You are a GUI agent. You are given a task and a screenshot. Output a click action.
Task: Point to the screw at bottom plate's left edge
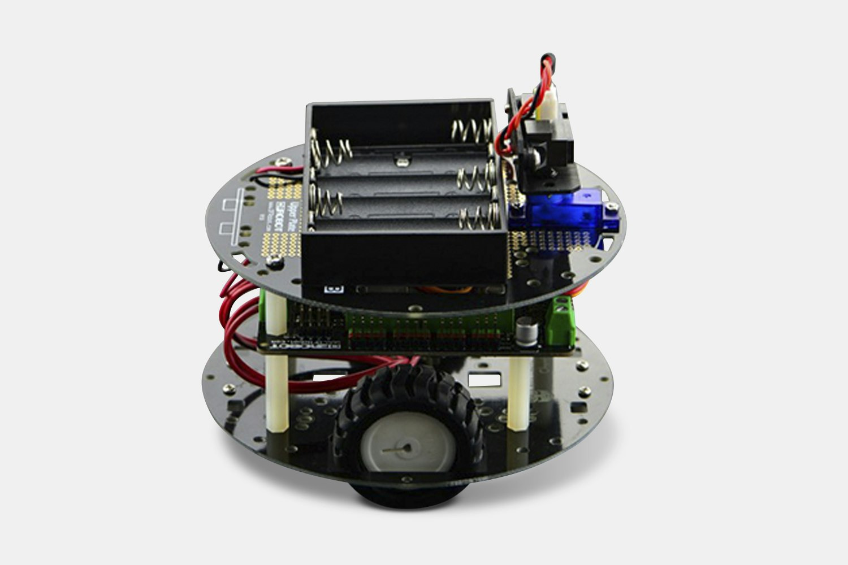tap(229, 389)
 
